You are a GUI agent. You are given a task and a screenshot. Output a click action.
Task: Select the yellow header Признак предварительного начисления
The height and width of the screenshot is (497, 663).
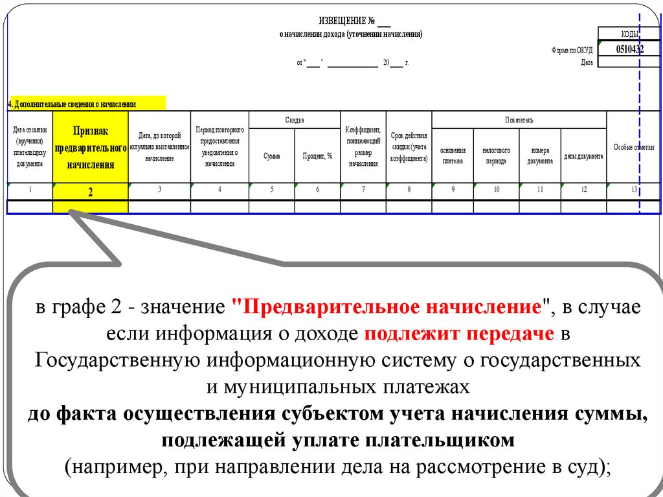coord(91,147)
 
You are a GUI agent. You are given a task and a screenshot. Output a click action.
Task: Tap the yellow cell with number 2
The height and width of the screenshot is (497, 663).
coord(91,192)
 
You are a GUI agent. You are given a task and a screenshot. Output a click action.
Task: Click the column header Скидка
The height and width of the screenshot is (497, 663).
coord(295,120)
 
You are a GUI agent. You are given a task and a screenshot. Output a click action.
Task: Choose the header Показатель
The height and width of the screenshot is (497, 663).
coord(519,120)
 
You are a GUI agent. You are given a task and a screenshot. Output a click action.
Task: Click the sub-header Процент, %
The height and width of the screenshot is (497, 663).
coord(317,156)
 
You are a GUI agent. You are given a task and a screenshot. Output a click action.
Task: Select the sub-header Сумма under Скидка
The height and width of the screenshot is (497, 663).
coord(272,156)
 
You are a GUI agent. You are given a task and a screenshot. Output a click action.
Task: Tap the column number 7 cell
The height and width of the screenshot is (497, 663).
coord(363,189)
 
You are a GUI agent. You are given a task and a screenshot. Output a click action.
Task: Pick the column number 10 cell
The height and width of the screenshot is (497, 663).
coord(496,189)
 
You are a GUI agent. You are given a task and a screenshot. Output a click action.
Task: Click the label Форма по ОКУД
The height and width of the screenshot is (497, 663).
coord(572,50)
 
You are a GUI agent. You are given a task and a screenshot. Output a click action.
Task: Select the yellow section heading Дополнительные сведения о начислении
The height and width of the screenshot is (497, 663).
coord(72,104)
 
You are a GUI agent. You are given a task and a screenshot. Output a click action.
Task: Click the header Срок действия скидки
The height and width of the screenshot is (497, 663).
coord(409,147)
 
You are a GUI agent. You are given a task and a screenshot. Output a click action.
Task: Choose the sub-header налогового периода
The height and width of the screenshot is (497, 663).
coord(496,156)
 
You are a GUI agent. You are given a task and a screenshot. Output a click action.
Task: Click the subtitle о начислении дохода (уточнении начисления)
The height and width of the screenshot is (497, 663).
coord(350,34)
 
